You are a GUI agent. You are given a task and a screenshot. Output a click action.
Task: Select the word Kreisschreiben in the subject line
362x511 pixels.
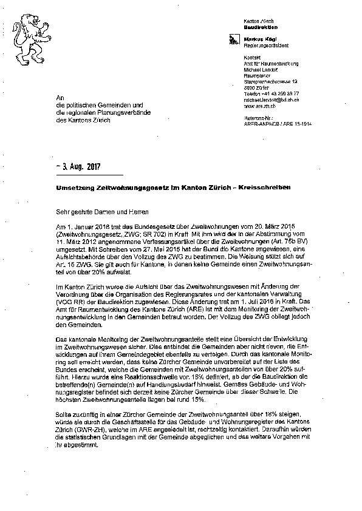coord(262,188)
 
